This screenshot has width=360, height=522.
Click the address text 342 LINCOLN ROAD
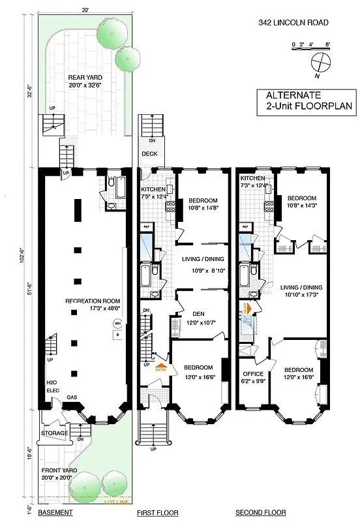[x=293, y=22]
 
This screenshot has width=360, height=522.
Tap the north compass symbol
[x=319, y=63]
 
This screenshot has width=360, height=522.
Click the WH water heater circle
[x=117, y=323]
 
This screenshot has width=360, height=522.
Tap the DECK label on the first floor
[x=149, y=155]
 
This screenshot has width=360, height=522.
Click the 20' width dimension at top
[x=85, y=9]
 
